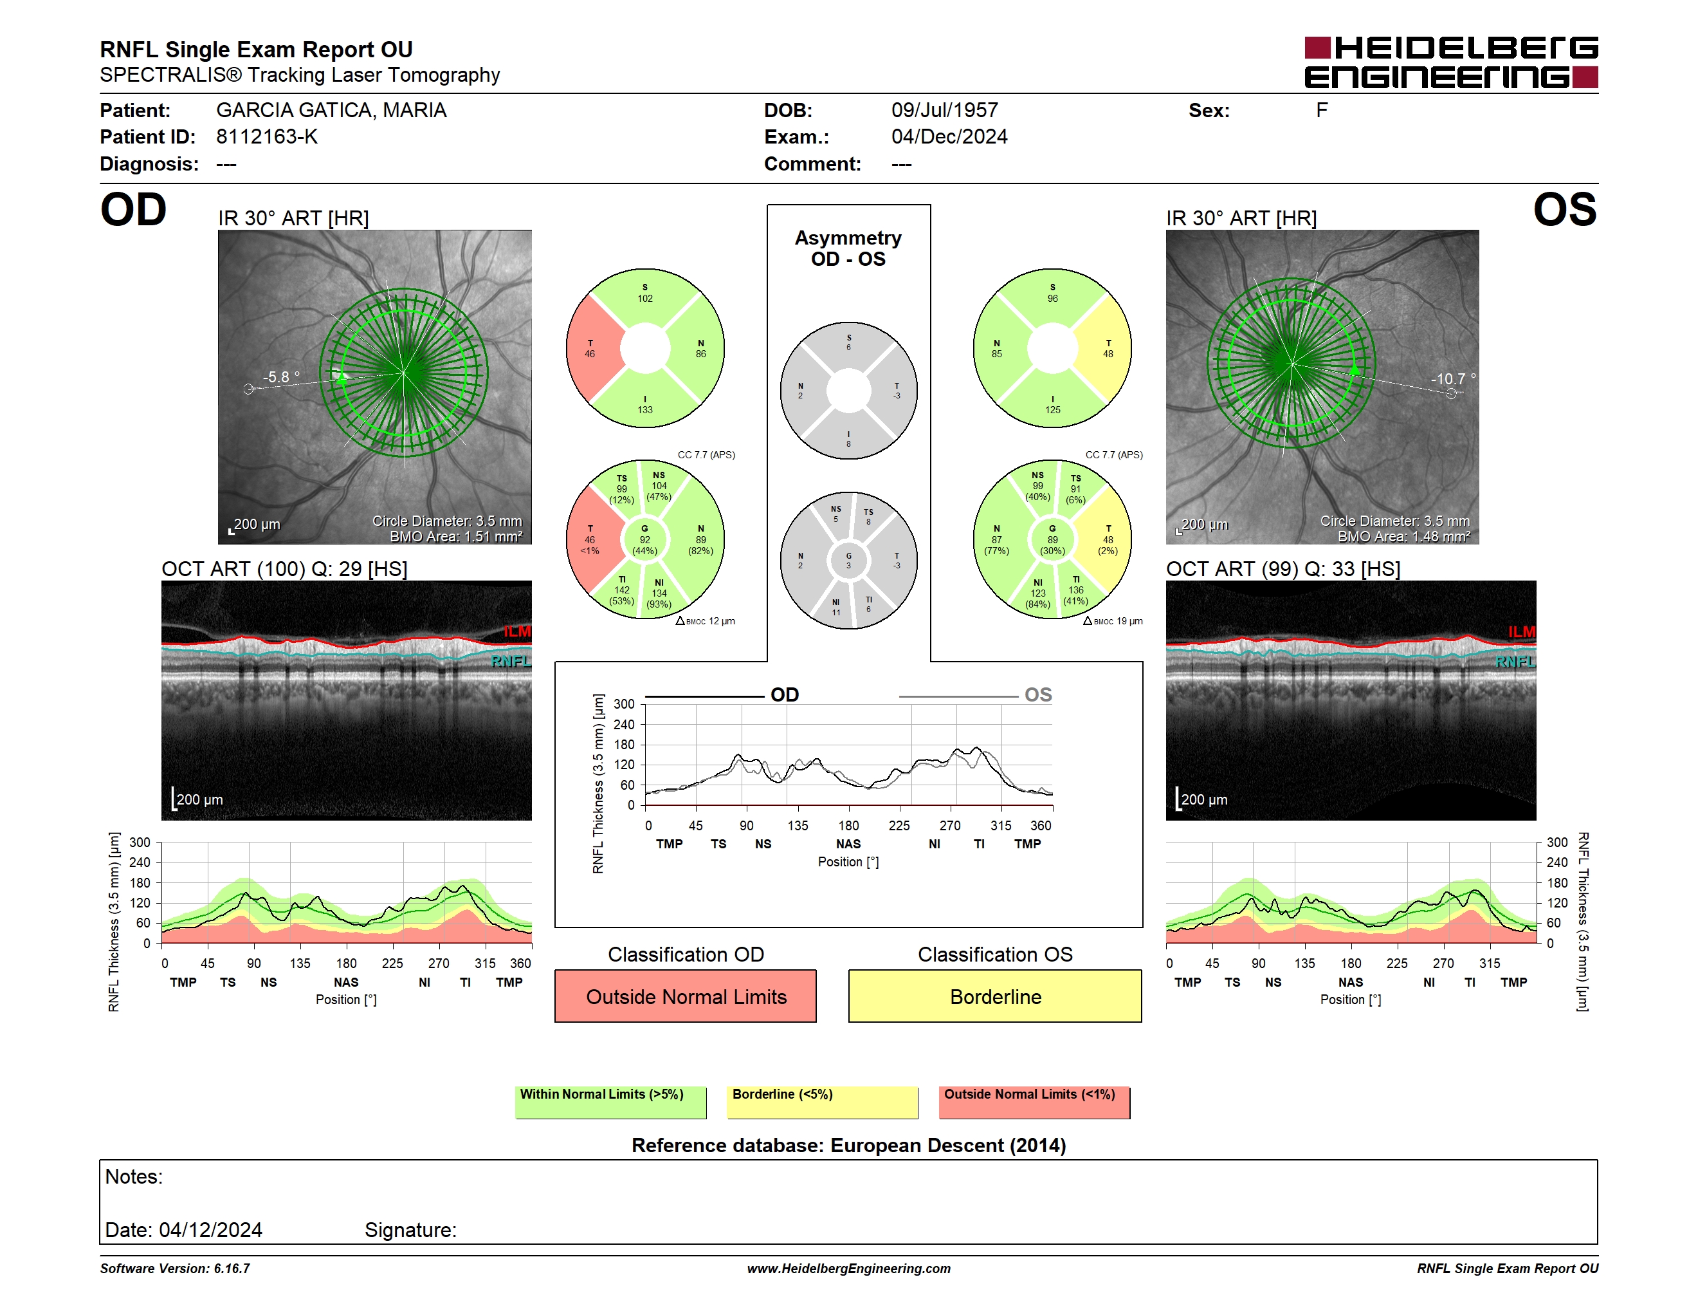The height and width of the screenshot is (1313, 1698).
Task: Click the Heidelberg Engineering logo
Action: click(1451, 62)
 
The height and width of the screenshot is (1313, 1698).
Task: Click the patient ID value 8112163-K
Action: click(267, 137)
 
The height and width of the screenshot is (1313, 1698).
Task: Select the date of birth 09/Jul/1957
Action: click(945, 111)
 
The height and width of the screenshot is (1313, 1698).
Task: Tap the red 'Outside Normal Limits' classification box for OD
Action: click(686, 996)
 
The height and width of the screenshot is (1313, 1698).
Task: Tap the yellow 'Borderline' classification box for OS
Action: click(995, 996)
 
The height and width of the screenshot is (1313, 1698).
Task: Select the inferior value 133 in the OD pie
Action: click(645, 410)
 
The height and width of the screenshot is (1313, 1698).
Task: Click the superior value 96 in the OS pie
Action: click(1053, 299)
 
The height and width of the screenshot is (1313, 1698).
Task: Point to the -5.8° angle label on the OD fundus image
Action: click(280, 377)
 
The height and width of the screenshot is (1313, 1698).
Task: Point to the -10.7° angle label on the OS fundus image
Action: click(1453, 379)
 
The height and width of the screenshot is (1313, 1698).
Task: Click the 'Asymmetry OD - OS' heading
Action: click(848, 248)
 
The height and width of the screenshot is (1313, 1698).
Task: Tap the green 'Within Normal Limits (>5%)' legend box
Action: click(610, 1102)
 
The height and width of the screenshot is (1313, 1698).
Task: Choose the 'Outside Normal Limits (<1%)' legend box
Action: click(1034, 1102)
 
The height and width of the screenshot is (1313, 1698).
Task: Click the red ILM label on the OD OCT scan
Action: click(517, 631)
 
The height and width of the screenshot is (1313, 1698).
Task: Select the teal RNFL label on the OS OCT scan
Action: click(1515, 661)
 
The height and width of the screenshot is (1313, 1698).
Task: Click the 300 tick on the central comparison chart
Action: click(625, 704)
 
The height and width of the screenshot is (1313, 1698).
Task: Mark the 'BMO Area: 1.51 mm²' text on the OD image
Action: click(457, 537)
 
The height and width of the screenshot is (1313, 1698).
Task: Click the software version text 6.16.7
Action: click(232, 1269)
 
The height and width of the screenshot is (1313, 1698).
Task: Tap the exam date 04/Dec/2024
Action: click(949, 137)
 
